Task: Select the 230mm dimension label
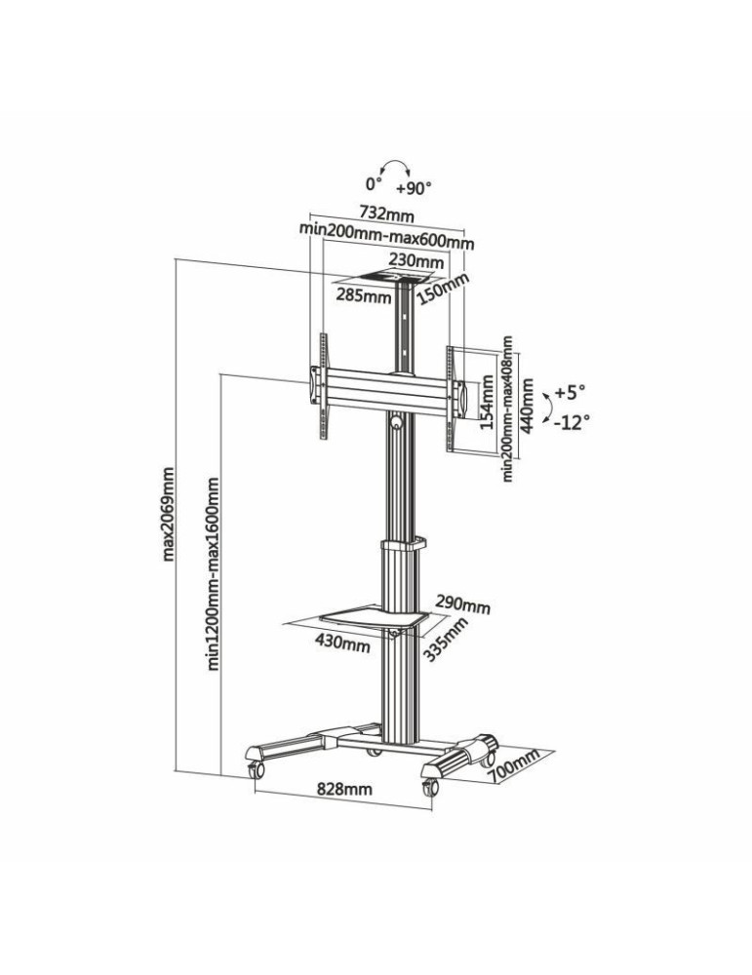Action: (x=416, y=261)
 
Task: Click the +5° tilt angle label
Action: (x=570, y=392)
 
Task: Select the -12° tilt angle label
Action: (x=571, y=422)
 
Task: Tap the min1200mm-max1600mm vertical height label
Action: (x=213, y=573)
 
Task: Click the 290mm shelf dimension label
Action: (x=463, y=605)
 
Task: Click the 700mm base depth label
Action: (x=516, y=763)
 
